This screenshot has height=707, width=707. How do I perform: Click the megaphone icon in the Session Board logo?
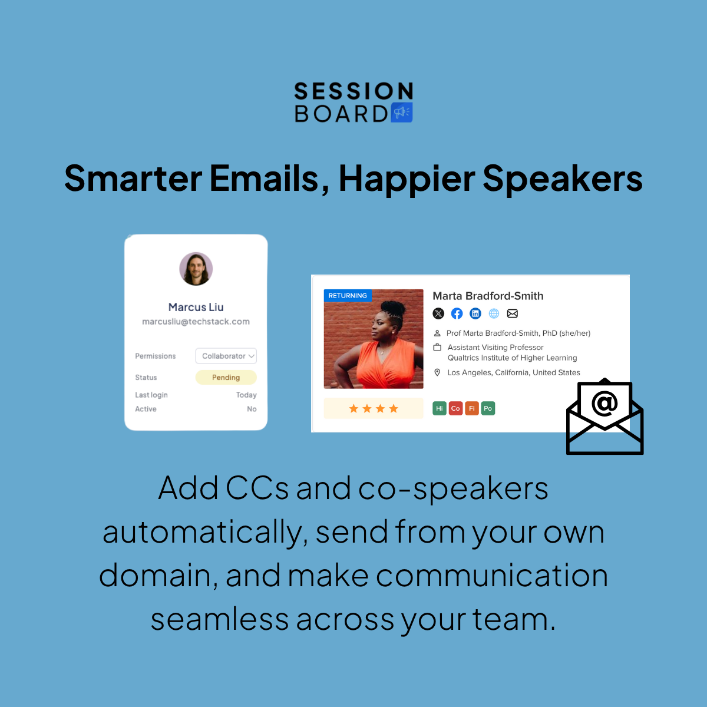pyautogui.click(x=401, y=112)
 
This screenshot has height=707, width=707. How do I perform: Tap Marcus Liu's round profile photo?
pyautogui.click(x=196, y=269)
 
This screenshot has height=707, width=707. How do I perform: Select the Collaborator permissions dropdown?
pyautogui.click(x=226, y=356)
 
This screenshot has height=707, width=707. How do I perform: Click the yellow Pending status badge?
pyautogui.click(x=226, y=377)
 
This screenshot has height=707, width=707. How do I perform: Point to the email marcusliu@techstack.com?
pyautogui.click(x=196, y=322)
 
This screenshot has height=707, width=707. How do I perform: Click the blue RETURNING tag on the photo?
pyautogui.click(x=348, y=295)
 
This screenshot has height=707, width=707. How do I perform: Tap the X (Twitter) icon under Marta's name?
pyautogui.click(x=438, y=313)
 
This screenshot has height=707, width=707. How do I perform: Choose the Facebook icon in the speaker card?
pyautogui.click(x=457, y=313)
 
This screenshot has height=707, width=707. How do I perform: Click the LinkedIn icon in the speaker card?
pyautogui.click(x=475, y=313)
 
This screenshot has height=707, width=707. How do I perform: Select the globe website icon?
pyautogui.click(x=494, y=313)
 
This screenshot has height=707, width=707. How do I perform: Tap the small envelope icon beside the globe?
pyautogui.click(x=513, y=313)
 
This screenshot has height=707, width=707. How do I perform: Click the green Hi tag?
pyautogui.click(x=440, y=408)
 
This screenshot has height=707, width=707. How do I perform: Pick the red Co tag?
pyautogui.click(x=455, y=408)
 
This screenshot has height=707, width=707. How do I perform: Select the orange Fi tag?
pyautogui.click(x=472, y=408)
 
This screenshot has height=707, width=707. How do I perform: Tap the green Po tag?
pyautogui.click(x=488, y=408)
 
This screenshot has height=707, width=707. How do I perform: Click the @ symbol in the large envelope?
pyautogui.click(x=604, y=404)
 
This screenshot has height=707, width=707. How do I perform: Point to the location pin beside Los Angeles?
pyautogui.click(x=437, y=372)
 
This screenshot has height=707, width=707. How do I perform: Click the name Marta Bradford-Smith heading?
pyautogui.click(x=488, y=296)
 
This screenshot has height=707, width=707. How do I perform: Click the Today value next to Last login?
pyautogui.click(x=246, y=395)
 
